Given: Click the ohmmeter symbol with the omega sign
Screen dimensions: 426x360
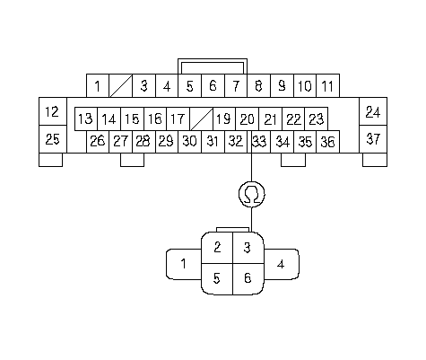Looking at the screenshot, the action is pyautogui.click(x=252, y=194).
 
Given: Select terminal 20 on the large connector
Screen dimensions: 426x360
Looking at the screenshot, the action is pyautogui.click(x=248, y=119).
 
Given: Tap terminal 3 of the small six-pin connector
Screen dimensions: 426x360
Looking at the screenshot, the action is pyautogui.click(x=248, y=248).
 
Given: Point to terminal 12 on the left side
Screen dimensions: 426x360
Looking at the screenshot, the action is pyautogui.click(x=53, y=111).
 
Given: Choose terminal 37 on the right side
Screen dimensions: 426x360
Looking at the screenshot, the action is pyautogui.click(x=373, y=139).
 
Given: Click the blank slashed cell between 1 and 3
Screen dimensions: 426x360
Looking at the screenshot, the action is pyautogui.click(x=121, y=86).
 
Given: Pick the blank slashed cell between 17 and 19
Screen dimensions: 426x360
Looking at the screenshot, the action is pyautogui.click(x=201, y=119).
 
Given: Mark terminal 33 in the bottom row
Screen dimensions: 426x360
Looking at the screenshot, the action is pyautogui.click(x=259, y=142).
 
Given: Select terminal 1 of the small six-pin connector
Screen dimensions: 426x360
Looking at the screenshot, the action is pyautogui.click(x=184, y=264).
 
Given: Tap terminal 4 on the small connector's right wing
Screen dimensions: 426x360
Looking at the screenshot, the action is pyautogui.click(x=281, y=264).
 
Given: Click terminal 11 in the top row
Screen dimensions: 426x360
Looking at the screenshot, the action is pyautogui.click(x=327, y=86).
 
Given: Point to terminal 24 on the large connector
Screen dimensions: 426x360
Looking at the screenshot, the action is pyautogui.click(x=373, y=111).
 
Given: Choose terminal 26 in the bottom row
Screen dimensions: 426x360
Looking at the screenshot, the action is pyautogui.click(x=98, y=142).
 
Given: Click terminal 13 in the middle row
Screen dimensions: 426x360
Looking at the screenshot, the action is pyautogui.click(x=86, y=119).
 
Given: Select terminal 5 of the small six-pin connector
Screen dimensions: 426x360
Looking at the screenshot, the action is pyautogui.click(x=217, y=279).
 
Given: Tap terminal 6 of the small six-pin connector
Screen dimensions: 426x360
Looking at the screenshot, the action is pyautogui.click(x=248, y=279).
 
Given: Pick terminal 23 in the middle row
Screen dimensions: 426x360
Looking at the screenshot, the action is pyautogui.click(x=317, y=119).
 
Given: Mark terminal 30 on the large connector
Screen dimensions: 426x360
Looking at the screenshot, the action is pyautogui.click(x=190, y=142).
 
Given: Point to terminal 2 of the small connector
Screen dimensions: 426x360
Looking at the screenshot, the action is pyautogui.click(x=217, y=248).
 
